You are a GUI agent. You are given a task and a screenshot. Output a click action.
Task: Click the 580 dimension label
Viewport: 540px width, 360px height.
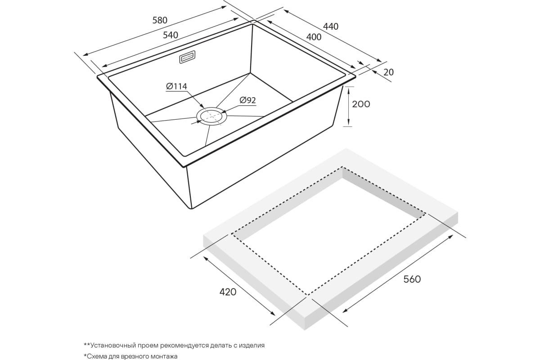coord(160,20)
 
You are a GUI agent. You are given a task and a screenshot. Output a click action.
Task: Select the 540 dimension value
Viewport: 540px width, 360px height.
coord(171,35)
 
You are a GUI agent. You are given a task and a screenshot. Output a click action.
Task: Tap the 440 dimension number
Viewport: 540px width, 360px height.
coord(331,26)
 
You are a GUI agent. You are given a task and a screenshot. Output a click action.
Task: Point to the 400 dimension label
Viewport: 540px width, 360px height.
coord(314,37)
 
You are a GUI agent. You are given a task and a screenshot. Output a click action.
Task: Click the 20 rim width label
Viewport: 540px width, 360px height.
coord(388,72)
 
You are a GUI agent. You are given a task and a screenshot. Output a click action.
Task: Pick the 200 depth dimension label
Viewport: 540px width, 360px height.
coord(361,104)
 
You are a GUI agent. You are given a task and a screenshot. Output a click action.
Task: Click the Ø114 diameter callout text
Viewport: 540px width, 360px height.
coord(176,86)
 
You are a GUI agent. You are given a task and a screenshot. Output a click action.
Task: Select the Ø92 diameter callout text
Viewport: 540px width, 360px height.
coord(247,100)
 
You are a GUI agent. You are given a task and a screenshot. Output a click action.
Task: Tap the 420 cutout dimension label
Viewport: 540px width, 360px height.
coord(228,292)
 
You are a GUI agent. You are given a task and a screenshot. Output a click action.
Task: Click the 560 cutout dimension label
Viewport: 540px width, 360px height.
coord(412,279)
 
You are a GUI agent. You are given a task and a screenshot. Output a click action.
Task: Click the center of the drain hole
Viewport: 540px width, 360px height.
coord(211,117)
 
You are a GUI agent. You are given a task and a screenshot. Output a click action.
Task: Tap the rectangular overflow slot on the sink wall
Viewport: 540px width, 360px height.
coord(187,57)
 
